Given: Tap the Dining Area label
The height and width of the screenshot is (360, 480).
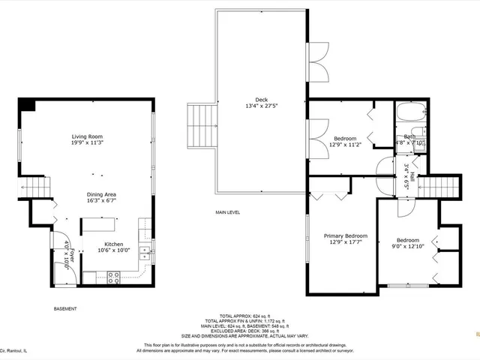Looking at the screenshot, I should [100, 194].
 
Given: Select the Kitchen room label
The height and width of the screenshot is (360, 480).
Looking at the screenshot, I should [114, 244].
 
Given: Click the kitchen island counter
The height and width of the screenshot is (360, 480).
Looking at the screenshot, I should [99, 224].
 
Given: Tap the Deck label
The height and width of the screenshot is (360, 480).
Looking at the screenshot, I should [261, 100].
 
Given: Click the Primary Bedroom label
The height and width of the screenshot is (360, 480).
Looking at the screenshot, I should [345, 235].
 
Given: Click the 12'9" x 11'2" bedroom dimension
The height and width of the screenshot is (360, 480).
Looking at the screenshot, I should [345, 145].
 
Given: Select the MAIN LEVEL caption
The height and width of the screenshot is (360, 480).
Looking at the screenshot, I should [227, 213].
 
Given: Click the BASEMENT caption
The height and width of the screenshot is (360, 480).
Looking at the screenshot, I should [67, 308].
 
